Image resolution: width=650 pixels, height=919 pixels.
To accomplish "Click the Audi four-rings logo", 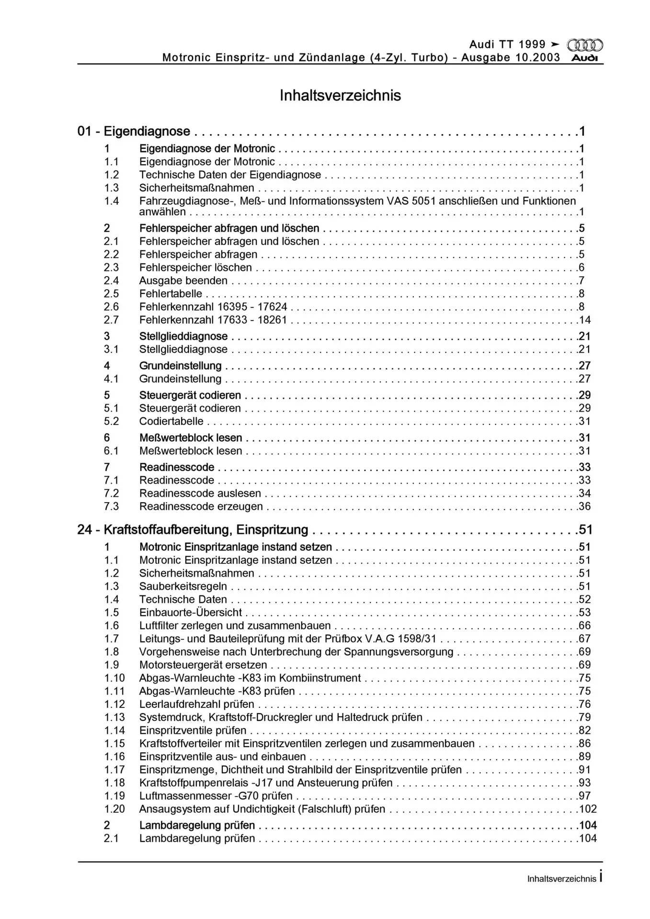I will (585, 45).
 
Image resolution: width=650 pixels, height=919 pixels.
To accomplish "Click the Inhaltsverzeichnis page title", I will (340, 95).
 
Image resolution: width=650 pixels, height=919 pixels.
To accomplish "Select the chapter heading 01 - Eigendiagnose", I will (134, 131).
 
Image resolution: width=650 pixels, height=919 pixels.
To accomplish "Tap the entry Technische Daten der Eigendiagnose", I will (230, 175).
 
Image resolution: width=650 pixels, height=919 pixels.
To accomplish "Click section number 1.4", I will (112, 201).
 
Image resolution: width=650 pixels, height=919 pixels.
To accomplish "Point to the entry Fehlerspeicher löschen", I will (195, 268).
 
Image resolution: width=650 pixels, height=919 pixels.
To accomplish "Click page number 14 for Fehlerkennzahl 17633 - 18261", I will (585, 320).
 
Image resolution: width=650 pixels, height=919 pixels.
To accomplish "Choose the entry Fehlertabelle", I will (171, 294).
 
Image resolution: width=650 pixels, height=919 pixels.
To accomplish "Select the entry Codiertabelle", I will (171, 422).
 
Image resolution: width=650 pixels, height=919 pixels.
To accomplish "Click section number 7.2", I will (112, 493).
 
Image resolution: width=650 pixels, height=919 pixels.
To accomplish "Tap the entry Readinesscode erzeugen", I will (201, 506).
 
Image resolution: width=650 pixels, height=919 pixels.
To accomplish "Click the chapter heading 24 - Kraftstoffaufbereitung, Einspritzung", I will (193, 530).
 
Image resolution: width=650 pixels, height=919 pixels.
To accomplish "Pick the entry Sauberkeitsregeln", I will (183, 586).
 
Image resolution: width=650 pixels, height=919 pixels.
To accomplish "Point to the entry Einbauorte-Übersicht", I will (191, 613).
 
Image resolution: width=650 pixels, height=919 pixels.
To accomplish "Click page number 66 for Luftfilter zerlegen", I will (584, 626).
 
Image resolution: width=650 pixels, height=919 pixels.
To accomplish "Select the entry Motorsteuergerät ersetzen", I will (203, 665).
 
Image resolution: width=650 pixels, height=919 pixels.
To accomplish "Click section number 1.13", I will (114, 717).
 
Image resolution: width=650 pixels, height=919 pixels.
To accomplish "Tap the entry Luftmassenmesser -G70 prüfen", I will (216, 796).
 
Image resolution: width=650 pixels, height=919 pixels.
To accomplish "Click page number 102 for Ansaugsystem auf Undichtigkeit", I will (587, 809).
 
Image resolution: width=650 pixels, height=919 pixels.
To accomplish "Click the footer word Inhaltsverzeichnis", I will (561, 879).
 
